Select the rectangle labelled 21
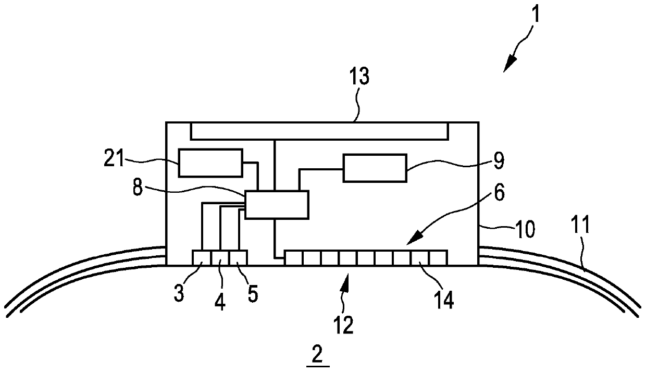coord(210,163)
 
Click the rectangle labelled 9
coord(374,168)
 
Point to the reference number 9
coord(499,162)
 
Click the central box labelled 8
coord(277,204)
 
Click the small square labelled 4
coord(220,257)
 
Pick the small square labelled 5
coord(238,257)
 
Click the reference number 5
coord(252,293)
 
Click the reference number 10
coord(525,230)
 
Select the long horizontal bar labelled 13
coord(319,131)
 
